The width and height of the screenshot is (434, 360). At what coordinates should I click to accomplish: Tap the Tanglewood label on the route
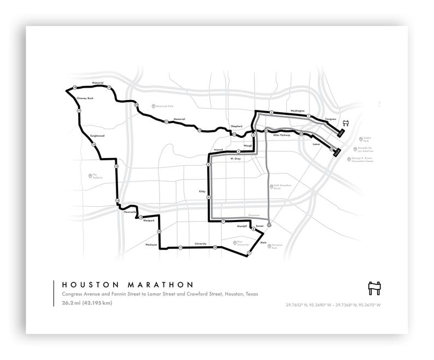point(97,135)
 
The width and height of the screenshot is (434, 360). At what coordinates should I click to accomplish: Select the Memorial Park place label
point(164,106)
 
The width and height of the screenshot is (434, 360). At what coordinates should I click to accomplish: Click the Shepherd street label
point(236,126)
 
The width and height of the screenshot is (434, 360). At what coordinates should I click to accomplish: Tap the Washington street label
point(297,110)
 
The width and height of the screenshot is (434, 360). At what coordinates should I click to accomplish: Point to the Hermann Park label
point(280,247)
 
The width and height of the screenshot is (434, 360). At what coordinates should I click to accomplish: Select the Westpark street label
point(149,220)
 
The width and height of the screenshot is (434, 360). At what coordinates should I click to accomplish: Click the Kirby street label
point(203,191)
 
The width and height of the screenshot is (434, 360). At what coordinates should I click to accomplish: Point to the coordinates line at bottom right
point(333,305)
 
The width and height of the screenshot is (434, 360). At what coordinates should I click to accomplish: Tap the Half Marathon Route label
point(284,187)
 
